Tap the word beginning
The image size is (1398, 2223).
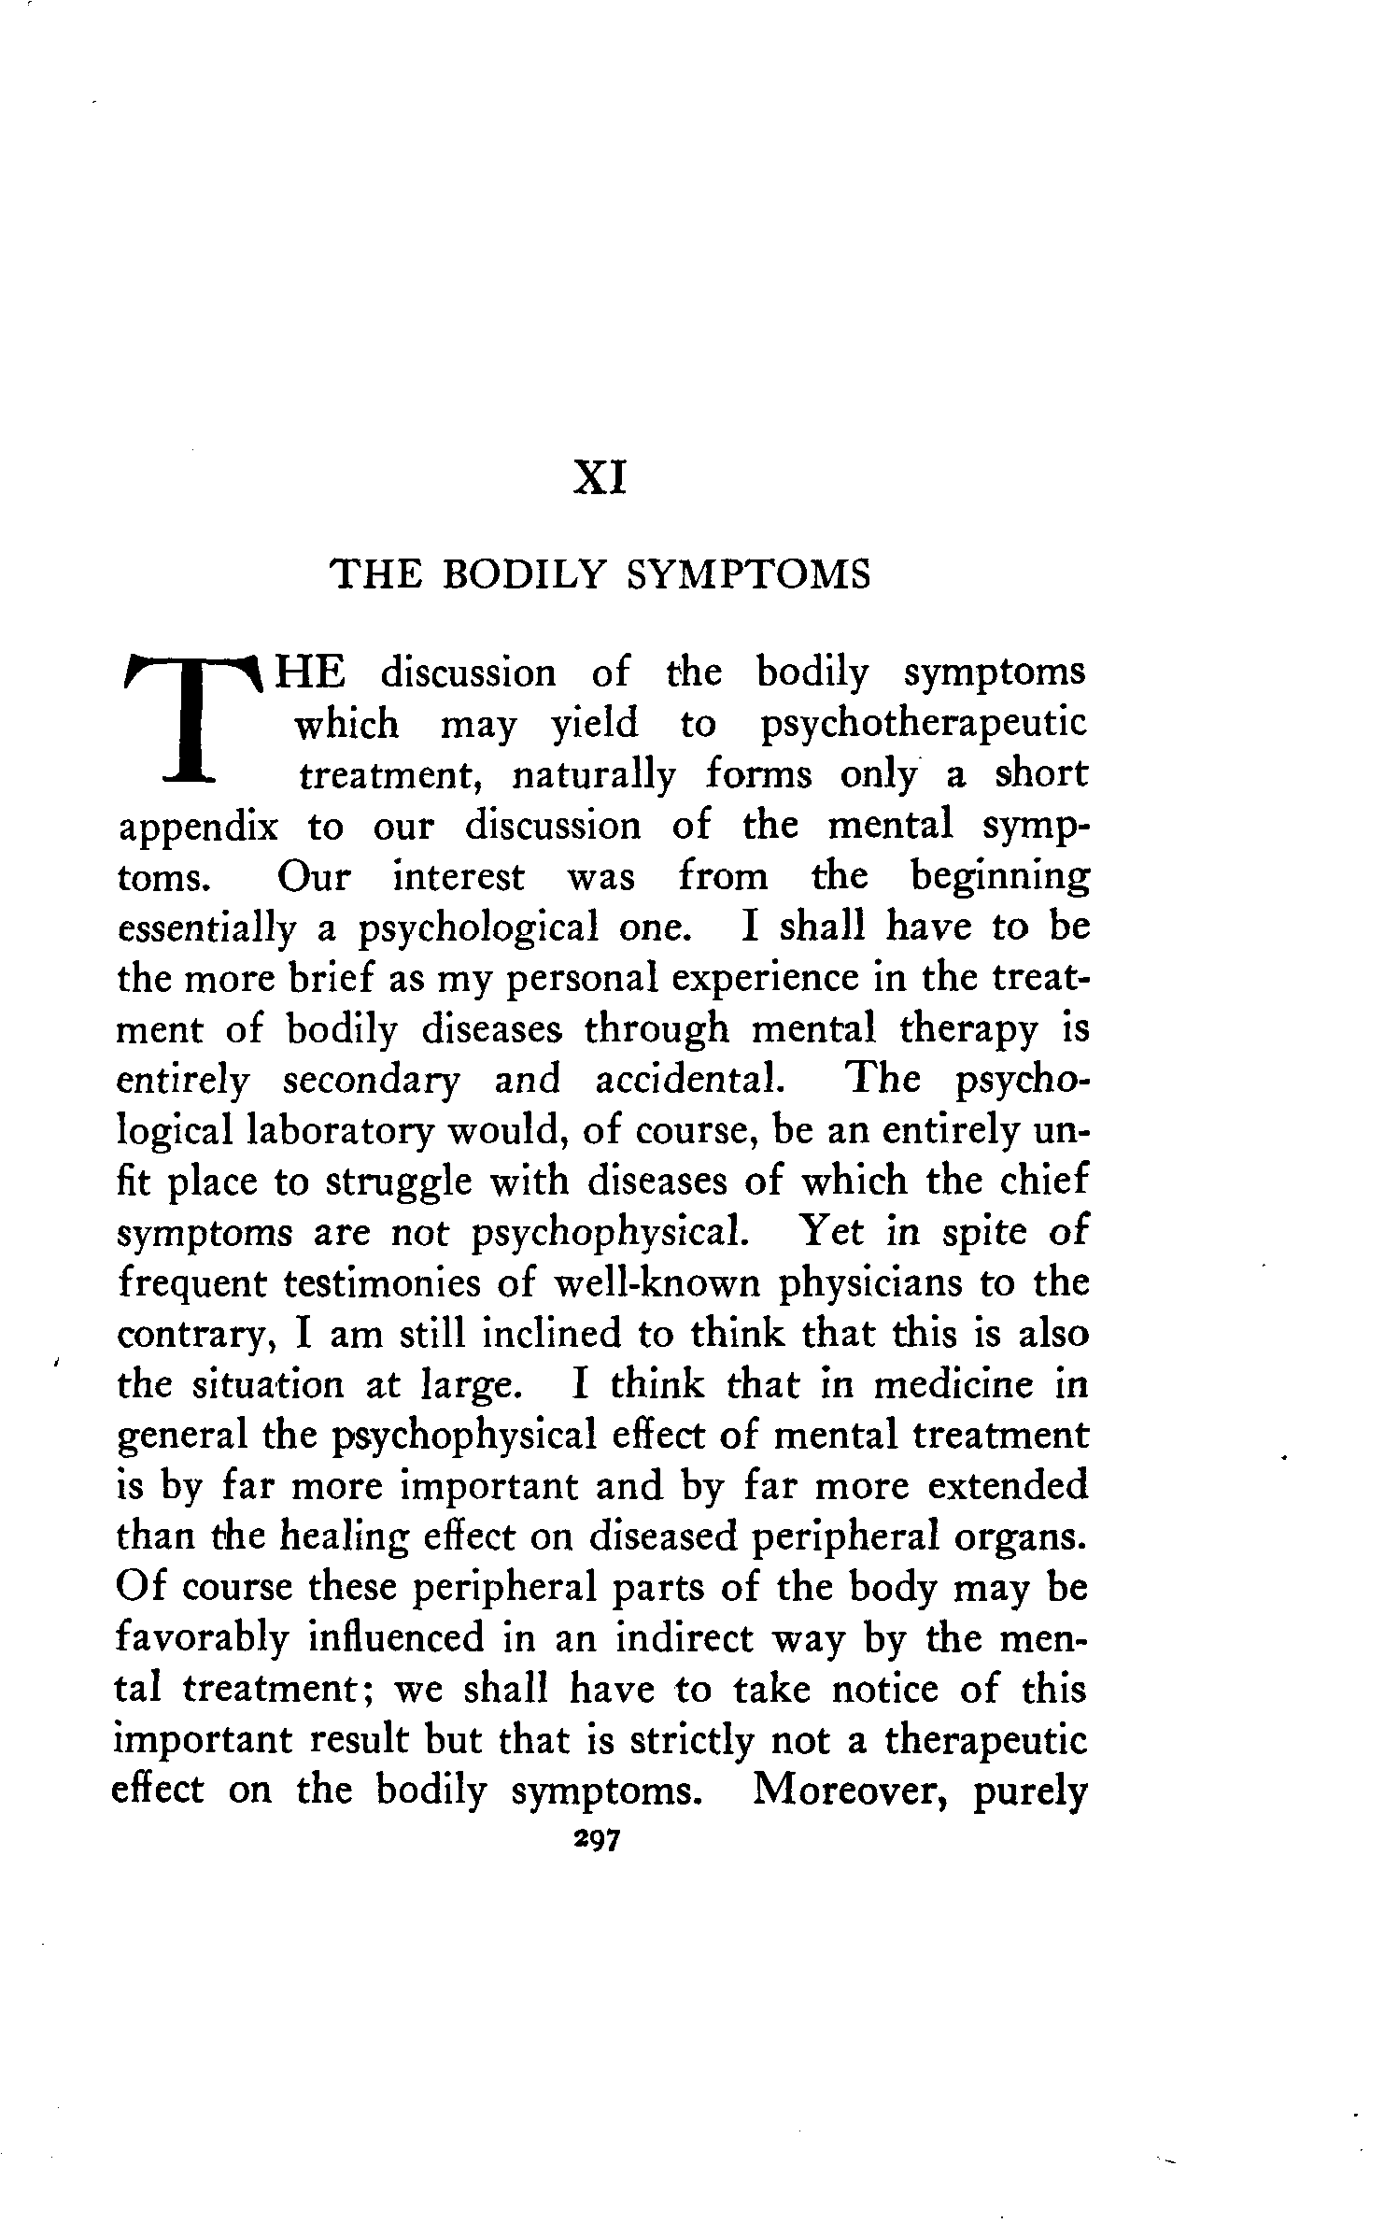click(x=999, y=879)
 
